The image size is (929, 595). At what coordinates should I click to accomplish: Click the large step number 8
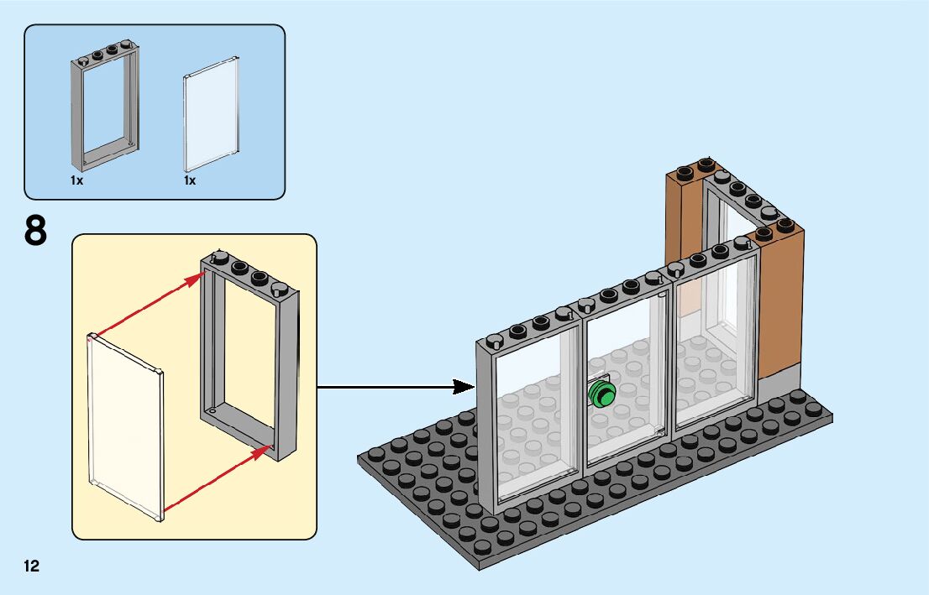(x=35, y=231)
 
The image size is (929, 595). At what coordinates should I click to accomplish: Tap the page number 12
(x=31, y=566)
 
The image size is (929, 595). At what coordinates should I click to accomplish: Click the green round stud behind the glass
(x=602, y=393)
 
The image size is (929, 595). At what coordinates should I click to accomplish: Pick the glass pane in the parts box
(x=211, y=114)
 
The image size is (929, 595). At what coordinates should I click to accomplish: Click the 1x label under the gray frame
(x=77, y=180)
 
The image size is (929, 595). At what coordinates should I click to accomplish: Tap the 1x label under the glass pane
(x=190, y=180)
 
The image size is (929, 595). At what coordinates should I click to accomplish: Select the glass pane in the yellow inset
(x=125, y=427)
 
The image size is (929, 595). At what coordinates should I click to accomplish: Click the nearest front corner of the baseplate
(x=480, y=569)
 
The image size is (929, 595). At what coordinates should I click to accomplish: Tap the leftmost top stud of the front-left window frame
(x=494, y=341)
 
